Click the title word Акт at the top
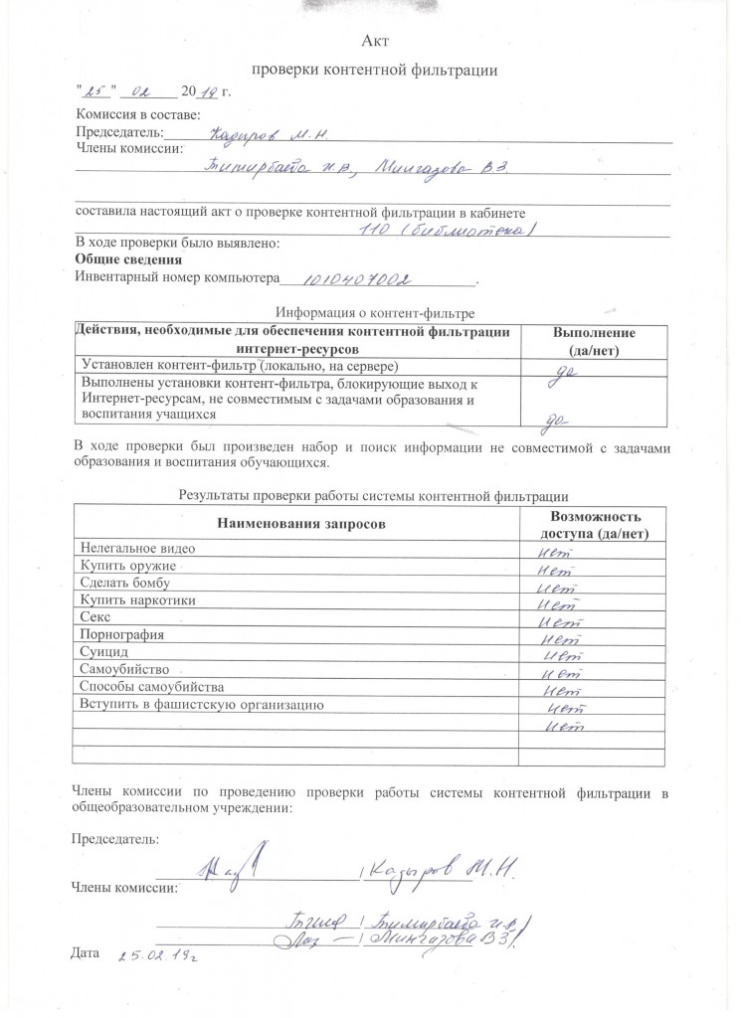point(375,41)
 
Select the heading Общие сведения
point(114,259)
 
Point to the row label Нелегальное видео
point(137,549)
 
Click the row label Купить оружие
point(126,566)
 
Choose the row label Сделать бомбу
point(125,583)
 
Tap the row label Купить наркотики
point(137,600)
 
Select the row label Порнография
point(120,635)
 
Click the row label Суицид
point(102,652)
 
